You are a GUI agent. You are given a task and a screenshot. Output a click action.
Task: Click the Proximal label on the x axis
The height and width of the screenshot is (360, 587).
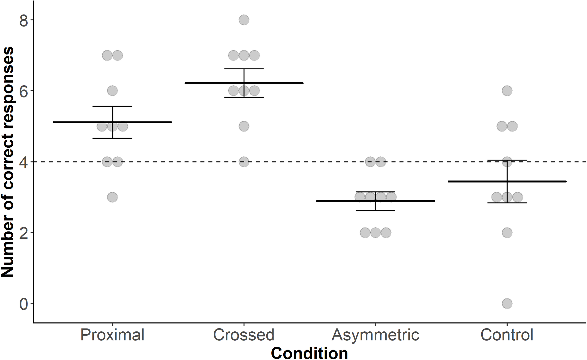click(x=112, y=335)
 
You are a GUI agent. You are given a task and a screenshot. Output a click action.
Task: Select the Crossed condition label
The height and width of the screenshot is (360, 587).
click(x=244, y=335)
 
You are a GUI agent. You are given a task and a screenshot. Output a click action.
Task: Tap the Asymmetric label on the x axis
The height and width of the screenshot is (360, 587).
click(x=375, y=335)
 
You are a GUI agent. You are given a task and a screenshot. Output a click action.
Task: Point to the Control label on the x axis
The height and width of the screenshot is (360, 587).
click(x=507, y=335)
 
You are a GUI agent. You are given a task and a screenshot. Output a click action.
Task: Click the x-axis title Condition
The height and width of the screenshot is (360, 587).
click(x=309, y=353)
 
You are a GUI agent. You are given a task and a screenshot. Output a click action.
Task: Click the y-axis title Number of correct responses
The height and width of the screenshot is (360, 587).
click(x=7, y=162)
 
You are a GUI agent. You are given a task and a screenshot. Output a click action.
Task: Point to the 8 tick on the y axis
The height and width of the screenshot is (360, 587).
click(x=24, y=20)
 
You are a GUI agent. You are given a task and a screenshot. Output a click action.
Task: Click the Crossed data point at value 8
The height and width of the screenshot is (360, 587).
click(x=244, y=20)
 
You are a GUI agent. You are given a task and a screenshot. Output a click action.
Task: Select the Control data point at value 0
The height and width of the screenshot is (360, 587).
click(x=507, y=303)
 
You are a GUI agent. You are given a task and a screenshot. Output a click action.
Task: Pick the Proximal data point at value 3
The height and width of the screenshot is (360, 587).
click(x=112, y=197)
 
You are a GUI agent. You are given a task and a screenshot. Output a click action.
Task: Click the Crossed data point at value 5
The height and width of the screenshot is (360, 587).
click(x=244, y=126)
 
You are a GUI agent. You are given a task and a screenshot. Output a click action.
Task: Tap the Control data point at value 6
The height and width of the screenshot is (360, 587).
click(x=507, y=91)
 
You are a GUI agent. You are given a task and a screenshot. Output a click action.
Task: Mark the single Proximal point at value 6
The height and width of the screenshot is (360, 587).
click(x=112, y=91)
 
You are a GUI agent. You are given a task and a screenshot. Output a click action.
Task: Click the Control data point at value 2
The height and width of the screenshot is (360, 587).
click(x=507, y=233)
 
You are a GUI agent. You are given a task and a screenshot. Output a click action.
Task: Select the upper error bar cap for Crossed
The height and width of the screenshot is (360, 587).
click(x=244, y=69)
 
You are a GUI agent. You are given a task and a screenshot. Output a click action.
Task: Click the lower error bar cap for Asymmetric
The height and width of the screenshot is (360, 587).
click(x=375, y=210)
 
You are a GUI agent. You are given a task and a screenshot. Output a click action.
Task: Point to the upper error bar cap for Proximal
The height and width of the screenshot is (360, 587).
click(x=112, y=106)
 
